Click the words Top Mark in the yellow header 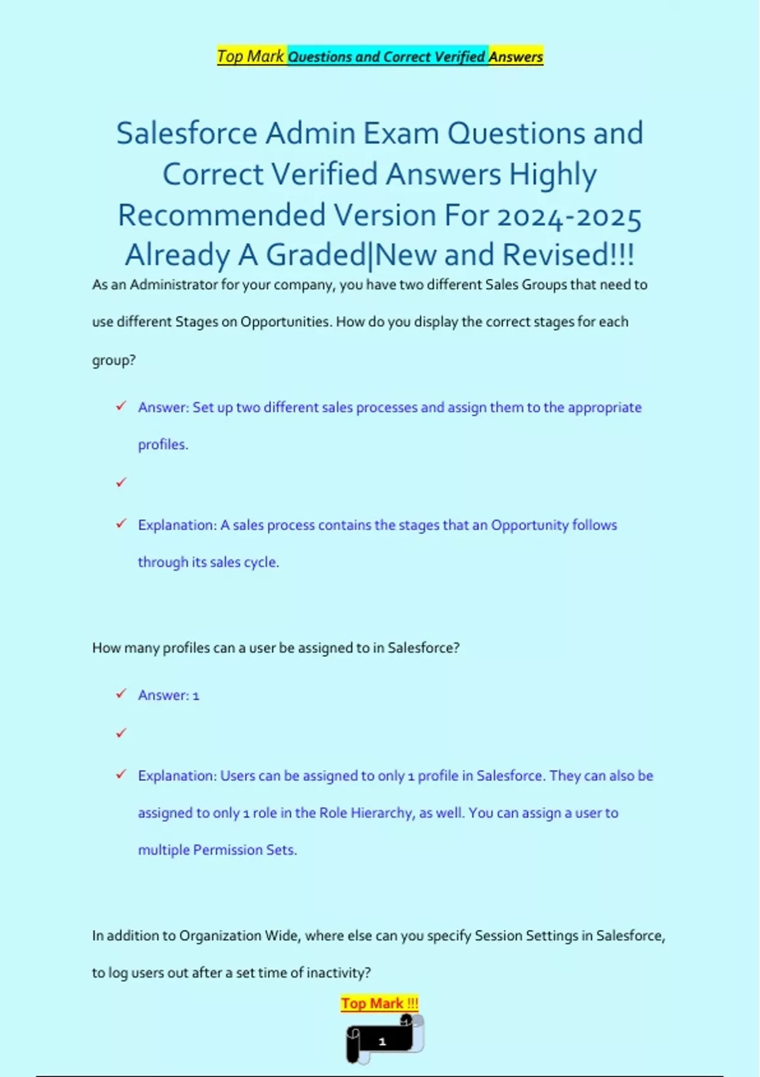click(x=251, y=56)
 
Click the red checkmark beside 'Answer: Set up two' click(x=121, y=406)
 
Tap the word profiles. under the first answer click(x=163, y=445)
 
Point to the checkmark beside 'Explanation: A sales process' click(x=121, y=524)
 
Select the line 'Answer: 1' click(x=168, y=695)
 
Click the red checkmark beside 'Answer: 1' click(x=121, y=694)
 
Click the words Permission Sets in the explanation click(x=244, y=850)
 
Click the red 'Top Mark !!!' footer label click(x=379, y=1004)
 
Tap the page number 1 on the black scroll click(x=382, y=1041)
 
